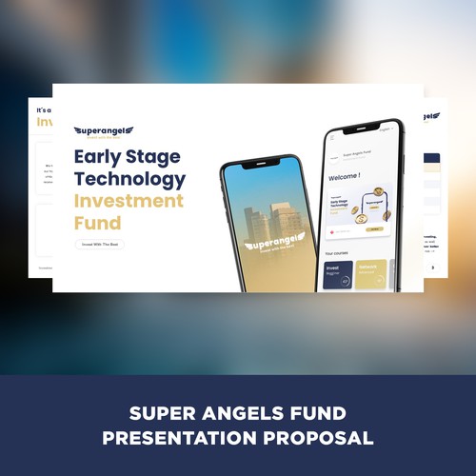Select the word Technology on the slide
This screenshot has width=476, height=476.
[x=129, y=179]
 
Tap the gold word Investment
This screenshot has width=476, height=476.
[x=129, y=202]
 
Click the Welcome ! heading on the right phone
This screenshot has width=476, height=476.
[x=343, y=177]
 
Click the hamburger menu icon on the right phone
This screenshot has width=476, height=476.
[x=331, y=138]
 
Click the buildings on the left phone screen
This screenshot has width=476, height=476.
[x=270, y=221]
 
